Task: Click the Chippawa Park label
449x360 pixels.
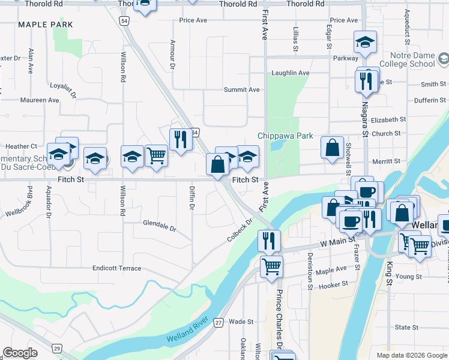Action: [285, 136]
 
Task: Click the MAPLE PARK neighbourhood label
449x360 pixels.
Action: [46, 25]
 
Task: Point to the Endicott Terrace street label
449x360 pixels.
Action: [117, 268]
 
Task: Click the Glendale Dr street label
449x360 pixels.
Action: [159, 228]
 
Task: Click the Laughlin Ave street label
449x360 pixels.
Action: [291, 73]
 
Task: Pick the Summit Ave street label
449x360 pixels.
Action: [241, 90]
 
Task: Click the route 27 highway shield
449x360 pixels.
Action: [219, 322]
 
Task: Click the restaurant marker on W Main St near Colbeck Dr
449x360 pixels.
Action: [269, 240]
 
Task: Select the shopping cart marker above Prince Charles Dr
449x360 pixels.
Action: [271, 265]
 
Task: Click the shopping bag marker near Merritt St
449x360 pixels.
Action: [332, 148]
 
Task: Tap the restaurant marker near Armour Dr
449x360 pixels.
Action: [180, 140]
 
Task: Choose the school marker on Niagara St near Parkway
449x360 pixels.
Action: [365, 43]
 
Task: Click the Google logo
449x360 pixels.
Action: [20, 353]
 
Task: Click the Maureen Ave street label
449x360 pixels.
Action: [40, 100]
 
